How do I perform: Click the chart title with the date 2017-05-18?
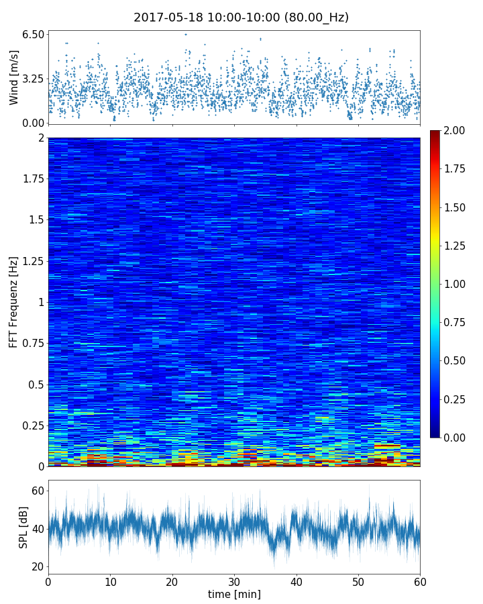coord(241,17)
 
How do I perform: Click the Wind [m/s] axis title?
coord(14,79)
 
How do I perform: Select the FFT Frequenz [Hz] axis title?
coord(14,302)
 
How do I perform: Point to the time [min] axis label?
coord(234,594)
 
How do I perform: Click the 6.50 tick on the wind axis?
coord(33,34)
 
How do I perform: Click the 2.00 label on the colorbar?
coord(458,130)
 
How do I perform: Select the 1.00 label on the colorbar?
coord(458,284)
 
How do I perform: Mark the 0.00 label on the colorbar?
coord(458,438)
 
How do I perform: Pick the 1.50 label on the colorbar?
coord(458,207)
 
